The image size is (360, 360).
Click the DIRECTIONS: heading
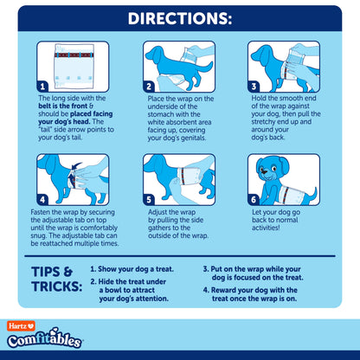pos(180,18)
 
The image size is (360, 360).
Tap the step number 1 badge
pos(42,87)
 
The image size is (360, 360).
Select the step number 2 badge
pos(149,87)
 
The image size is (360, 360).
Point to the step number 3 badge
pos(254,87)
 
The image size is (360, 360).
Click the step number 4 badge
pos(42,200)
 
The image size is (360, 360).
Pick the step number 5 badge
pos(149,200)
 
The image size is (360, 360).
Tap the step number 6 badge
pos(254,200)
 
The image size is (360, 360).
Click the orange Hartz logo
pos(21,326)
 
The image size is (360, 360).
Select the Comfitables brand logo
pos(45,338)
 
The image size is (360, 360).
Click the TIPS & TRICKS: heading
pos(57,279)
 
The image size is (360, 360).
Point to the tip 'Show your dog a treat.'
pos(132,269)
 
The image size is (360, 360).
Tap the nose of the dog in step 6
pos(264,171)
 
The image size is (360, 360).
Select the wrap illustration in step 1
pos(74,66)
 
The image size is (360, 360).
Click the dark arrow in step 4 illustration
pos(76,168)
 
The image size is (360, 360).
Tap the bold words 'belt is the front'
pos(63,106)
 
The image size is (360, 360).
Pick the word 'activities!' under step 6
pos(266,228)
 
